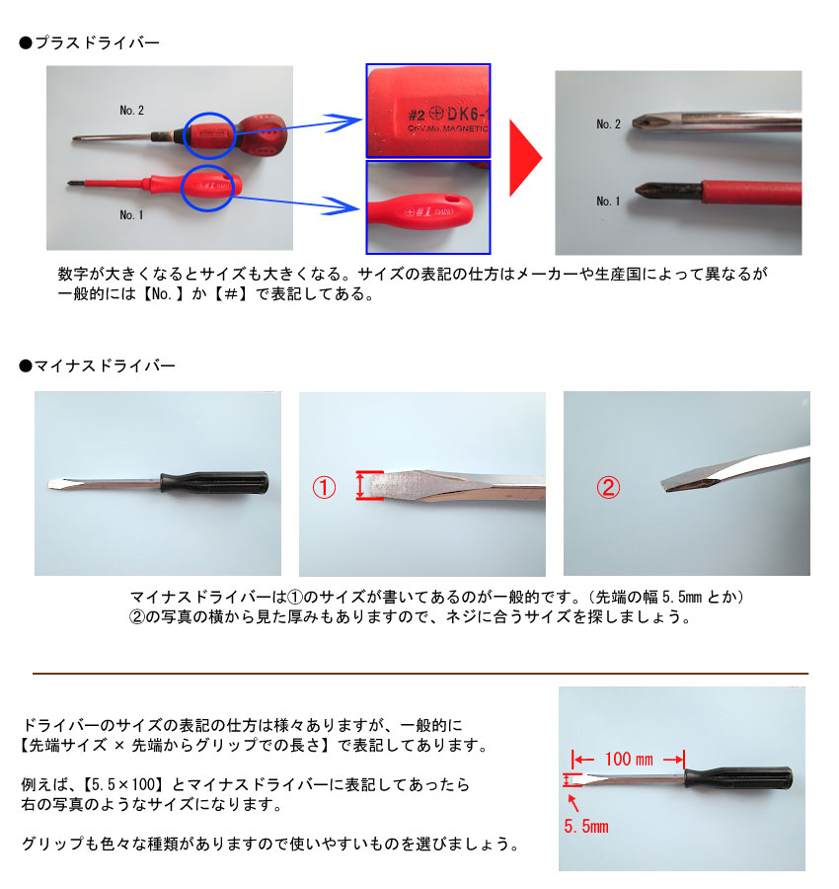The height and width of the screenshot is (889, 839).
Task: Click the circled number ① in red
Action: point(324,487)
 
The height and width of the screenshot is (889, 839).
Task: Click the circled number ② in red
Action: point(608,487)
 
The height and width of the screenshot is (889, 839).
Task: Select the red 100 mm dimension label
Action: point(629,759)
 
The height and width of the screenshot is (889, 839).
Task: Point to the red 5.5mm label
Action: point(585,826)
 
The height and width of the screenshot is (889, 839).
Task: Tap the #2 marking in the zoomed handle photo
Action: point(417,116)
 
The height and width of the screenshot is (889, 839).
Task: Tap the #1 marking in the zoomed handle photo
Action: point(423,212)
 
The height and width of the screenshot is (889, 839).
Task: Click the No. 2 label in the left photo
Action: point(131,110)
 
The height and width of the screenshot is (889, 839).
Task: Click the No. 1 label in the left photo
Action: point(131,215)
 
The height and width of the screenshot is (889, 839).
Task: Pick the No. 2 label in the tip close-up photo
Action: point(608,124)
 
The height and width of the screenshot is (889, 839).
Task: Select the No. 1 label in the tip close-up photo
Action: point(608,202)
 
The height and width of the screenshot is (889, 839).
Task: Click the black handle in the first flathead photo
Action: point(215,482)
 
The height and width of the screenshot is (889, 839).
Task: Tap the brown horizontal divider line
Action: point(420,674)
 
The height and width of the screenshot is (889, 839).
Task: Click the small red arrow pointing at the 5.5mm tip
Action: point(573,803)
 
